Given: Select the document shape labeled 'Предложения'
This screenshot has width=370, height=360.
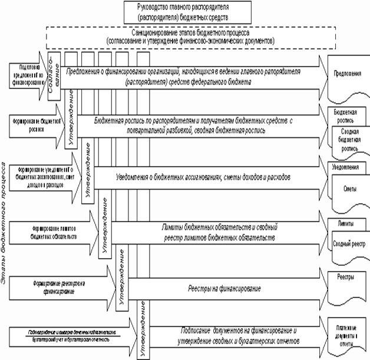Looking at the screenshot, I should [x=347, y=76].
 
